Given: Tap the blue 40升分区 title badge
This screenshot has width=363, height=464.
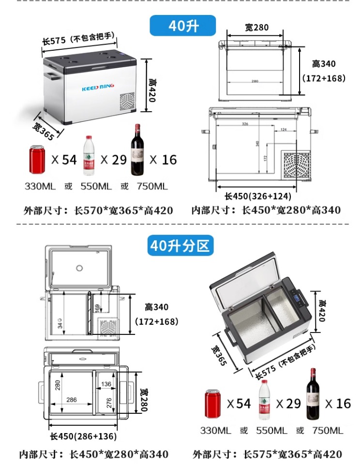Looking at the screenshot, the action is point(181,246).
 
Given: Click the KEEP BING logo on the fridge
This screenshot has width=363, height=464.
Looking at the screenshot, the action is point(97,87).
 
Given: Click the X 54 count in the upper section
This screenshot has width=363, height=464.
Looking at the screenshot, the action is point(64,159).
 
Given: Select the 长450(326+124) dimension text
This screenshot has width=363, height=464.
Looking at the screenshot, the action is point(257,196).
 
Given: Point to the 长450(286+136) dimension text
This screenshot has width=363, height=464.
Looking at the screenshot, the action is point(83,436).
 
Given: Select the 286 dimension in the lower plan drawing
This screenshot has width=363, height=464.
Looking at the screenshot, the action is point(71,400).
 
